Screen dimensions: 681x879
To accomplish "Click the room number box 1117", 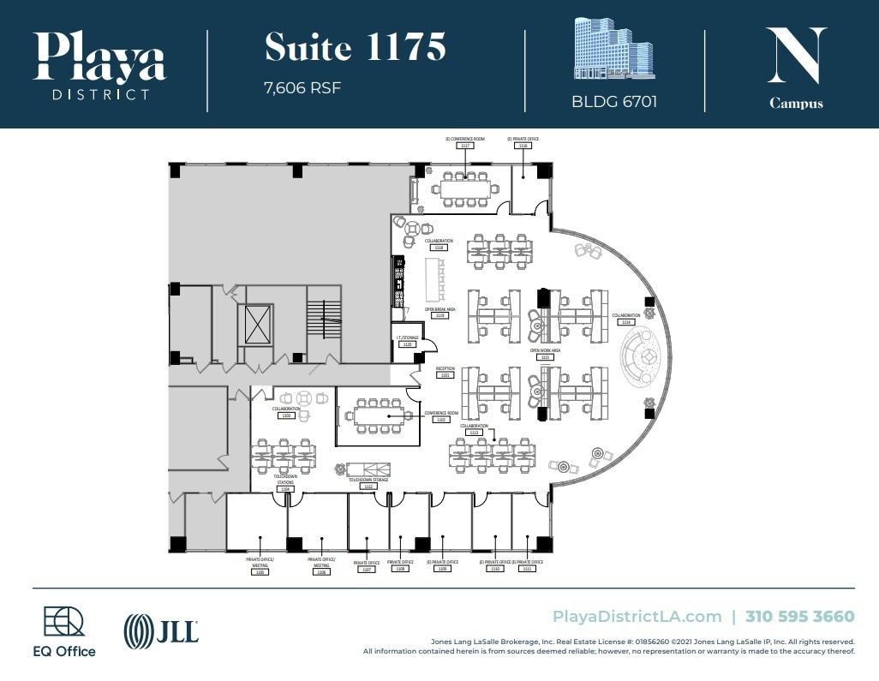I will coord(465,146).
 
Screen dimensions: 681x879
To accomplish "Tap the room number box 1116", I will coord(523,146).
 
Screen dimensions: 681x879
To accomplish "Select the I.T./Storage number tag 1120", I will coord(408,343).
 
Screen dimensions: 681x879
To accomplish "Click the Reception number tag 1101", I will coord(445,375).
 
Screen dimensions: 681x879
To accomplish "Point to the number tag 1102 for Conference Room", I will coord(441,420).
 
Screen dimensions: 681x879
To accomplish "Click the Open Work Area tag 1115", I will coord(545,357).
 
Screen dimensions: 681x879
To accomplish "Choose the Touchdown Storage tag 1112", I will coord(368,487).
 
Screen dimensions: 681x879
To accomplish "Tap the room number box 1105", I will coord(260,572).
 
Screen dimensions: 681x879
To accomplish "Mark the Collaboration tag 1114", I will coord(626,322).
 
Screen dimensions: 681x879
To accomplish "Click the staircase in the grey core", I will coord(324,322).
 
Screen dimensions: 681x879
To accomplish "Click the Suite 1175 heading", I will coord(355,47).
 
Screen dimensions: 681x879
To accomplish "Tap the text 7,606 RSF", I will coord(303,87).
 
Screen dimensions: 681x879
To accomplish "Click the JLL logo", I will coord(162,632).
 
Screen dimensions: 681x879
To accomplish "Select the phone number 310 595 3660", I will coord(799,616).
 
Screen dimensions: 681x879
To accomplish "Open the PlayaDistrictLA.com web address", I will coord(637,616).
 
